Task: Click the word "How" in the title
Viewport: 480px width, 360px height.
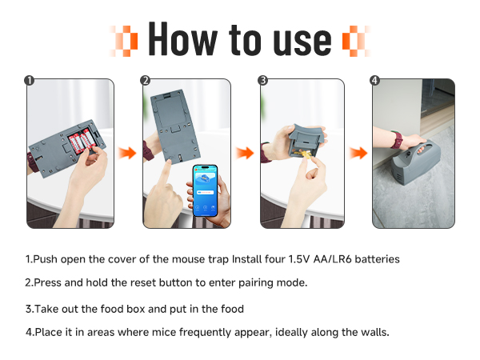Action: point(182,39)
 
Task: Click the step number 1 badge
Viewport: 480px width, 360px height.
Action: point(29,81)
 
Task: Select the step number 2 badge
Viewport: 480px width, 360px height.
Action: point(145,81)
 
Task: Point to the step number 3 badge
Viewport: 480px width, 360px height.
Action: point(262,81)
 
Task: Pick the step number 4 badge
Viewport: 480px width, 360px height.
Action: point(374,81)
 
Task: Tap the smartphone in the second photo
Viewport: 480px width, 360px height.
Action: point(205,190)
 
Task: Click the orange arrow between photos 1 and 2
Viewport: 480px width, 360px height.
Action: point(128,153)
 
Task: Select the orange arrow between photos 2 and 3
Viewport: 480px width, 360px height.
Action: point(245,153)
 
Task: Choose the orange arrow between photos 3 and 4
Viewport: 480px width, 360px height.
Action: point(358,153)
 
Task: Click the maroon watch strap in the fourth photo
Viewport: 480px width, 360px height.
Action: point(398,139)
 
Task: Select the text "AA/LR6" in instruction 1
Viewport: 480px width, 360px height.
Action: point(333,259)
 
